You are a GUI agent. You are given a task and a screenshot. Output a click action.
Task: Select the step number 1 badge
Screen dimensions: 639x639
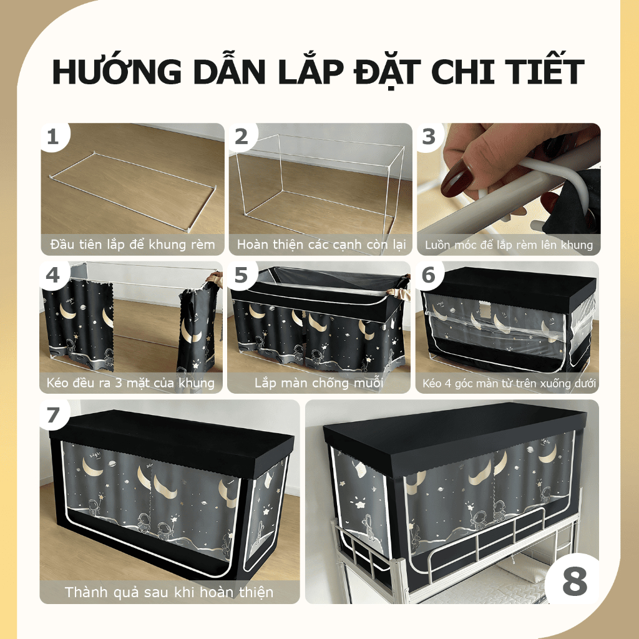(54, 137)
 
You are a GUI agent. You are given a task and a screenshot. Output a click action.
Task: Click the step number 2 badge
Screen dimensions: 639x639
(241, 137)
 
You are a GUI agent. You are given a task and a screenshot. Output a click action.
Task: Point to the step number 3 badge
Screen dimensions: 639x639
(429, 137)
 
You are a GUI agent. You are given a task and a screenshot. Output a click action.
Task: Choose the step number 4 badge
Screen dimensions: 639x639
(53, 275)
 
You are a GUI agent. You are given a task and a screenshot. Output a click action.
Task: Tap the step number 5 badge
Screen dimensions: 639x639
(241, 275)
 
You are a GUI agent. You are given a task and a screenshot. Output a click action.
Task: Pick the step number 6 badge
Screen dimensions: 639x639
(429, 275)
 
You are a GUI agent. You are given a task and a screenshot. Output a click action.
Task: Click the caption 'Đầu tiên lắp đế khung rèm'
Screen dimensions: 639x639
(132, 245)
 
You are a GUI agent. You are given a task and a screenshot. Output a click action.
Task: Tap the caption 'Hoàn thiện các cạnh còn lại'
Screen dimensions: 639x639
(321, 245)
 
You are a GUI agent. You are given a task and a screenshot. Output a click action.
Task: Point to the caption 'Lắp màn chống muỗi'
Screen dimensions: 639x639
(319, 383)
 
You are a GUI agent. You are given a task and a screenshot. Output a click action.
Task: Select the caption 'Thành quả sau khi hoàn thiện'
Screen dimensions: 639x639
(169, 592)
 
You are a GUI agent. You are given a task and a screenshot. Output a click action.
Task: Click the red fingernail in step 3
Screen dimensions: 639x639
(455, 178)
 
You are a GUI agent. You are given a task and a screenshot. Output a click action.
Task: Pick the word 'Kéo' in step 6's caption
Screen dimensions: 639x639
(432, 384)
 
